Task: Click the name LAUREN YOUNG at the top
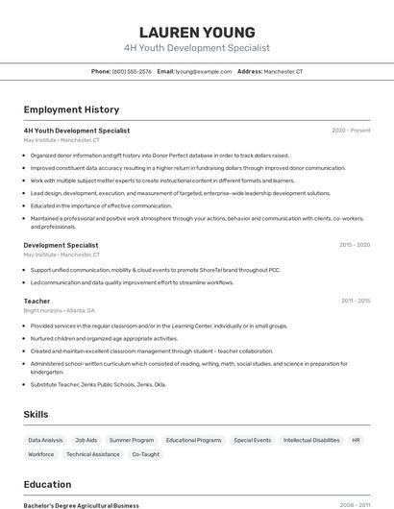[197, 32]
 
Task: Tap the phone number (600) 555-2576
[132, 72]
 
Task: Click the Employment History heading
[71, 109]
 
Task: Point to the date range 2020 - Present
[351, 131]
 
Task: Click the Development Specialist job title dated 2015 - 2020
[61, 245]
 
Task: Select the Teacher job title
[37, 302]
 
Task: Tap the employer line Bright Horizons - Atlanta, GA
[60, 311]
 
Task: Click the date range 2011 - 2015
[355, 302]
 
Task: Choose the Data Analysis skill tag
[45, 440]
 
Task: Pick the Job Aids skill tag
[86, 440]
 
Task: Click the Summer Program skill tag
[132, 440]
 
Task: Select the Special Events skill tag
[253, 440]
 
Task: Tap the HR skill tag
[356, 440]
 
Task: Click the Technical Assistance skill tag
[93, 454]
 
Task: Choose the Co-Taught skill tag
[146, 454]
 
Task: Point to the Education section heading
[47, 484]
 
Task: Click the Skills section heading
[37, 414]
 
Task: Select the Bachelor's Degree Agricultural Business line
[81, 505]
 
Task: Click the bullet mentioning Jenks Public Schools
[98, 384]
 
